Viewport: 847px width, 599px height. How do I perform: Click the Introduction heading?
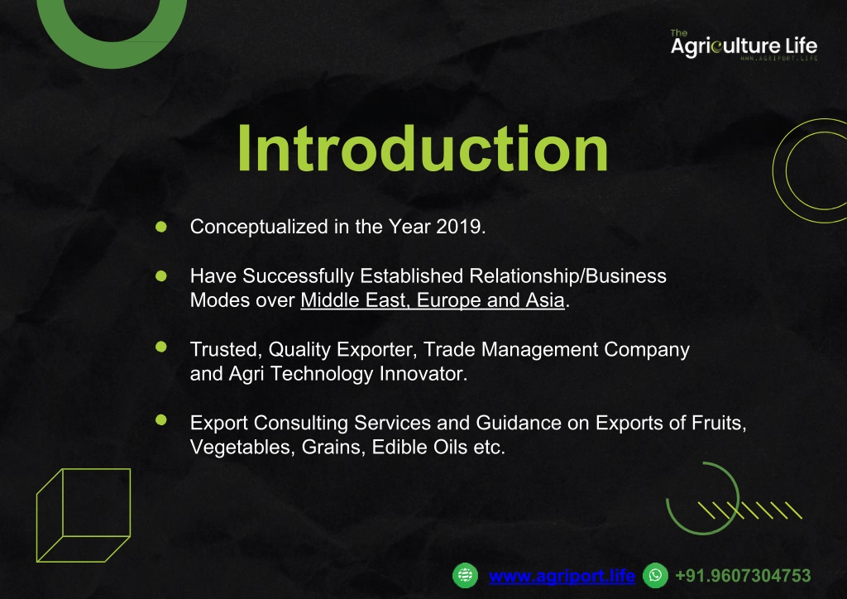click(423, 149)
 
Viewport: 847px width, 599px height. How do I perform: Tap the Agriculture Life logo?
click(744, 45)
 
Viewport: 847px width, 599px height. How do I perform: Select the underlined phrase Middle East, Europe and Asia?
click(433, 300)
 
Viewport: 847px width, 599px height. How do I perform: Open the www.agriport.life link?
click(562, 576)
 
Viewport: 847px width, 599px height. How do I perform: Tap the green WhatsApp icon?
click(655, 575)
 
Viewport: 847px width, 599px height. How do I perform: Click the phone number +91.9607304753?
click(744, 576)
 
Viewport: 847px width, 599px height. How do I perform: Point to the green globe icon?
click(465, 575)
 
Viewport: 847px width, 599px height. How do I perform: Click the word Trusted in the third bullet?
click(226, 350)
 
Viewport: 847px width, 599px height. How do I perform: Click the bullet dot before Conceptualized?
click(161, 227)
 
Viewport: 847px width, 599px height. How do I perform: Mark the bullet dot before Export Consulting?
click(161, 419)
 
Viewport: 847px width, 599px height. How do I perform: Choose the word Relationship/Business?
click(567, 276)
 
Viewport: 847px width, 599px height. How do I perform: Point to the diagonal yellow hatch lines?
click(750, 510)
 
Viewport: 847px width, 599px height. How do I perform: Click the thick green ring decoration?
click(112, 55)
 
